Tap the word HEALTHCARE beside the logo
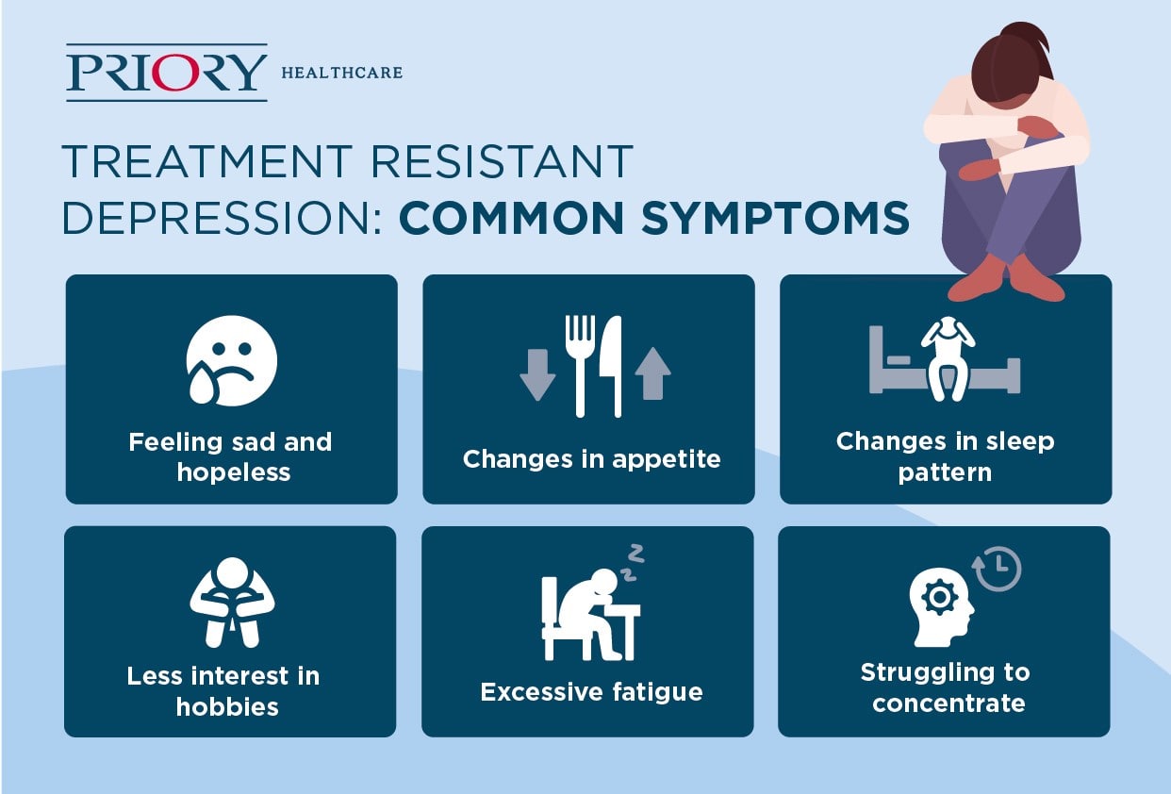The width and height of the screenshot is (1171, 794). [x=342, y=73]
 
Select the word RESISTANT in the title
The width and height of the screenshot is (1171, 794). [x=502, y=161]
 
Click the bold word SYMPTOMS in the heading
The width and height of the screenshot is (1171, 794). [x=775, y=218]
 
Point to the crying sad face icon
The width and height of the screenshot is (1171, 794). [x=232, y=360]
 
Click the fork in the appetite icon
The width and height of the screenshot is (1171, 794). [x=580, y=366]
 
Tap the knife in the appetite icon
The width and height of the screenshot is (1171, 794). [x=611, y=366]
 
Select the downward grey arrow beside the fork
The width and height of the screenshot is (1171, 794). [x=537, y=374]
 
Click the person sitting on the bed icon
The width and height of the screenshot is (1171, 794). [x=948, y=359]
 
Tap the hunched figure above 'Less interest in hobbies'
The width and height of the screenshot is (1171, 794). [x=232, y=603]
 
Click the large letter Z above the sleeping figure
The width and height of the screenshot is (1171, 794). [x=635, y=554]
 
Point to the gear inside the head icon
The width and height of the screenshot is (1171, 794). [x=939, y=596]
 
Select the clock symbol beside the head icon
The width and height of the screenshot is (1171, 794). [x=997, y=569]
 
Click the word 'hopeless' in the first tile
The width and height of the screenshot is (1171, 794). [x=234, y=472]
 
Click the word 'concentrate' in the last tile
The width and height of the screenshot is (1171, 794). [x=948, y=704]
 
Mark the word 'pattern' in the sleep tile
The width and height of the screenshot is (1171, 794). [x=945, y=473]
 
